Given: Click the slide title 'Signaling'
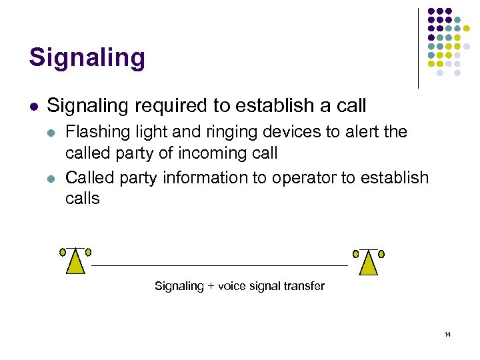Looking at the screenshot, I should coord(87,58).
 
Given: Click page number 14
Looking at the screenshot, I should coord(448,334).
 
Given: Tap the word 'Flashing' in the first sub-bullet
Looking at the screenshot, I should coord(93,132).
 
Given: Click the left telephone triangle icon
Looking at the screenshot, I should coord(75,263).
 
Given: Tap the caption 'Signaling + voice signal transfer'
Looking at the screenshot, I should coord(239,286).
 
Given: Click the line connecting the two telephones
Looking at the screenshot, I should coord(220,266).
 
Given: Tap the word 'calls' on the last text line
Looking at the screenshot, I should coord(82,199).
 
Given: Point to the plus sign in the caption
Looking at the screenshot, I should coord(211,286).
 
